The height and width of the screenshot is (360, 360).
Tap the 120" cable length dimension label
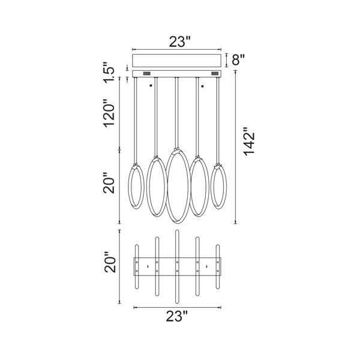[109, 113]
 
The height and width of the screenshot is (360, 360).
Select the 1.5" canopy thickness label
[108, 73]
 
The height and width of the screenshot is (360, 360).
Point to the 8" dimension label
[238, 60]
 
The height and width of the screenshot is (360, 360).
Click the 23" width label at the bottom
[177, 316]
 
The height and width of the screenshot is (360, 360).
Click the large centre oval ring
[166, 186]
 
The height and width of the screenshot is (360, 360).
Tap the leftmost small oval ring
[128, 186]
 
